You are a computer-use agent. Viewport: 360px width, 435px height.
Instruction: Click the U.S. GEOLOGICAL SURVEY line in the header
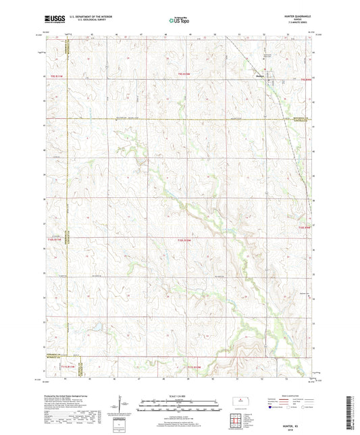pos(86,22)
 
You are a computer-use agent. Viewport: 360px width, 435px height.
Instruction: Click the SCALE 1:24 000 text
pos(180,396)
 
